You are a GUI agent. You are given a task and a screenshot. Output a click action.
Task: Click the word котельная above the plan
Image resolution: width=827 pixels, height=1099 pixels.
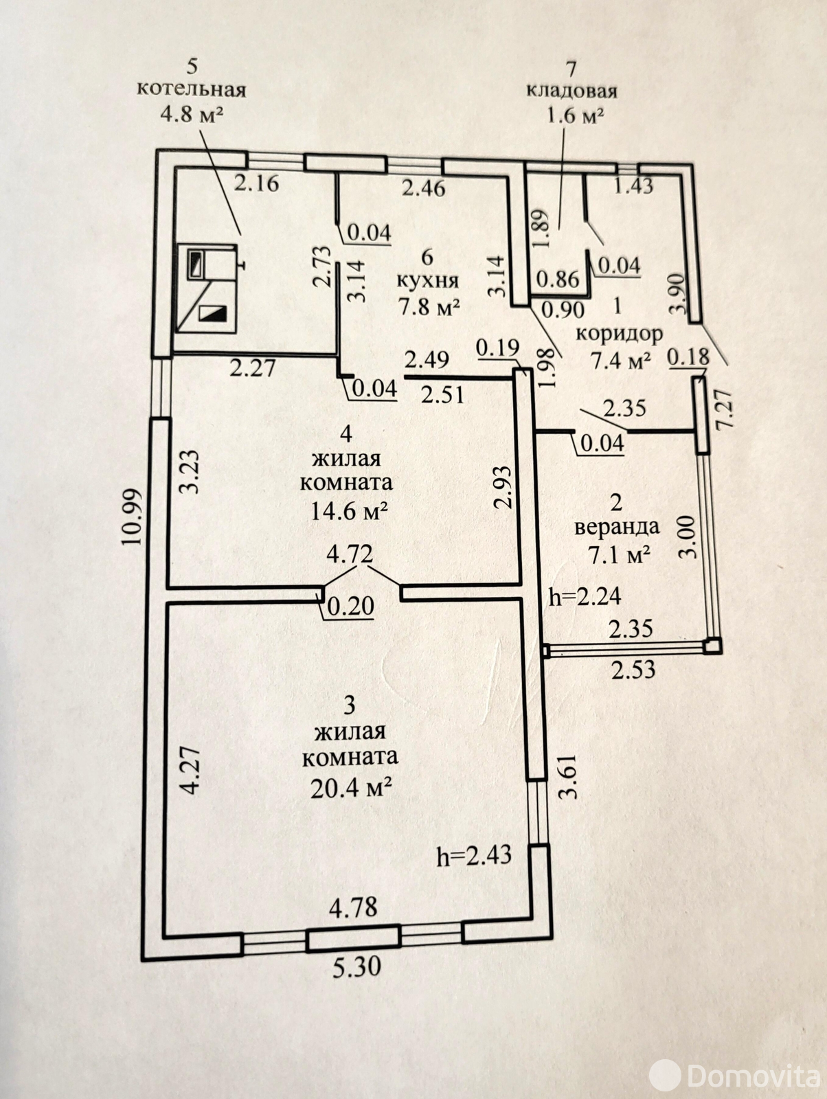click(192, 90)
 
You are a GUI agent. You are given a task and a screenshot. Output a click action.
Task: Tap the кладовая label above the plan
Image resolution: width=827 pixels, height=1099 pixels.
click(571, 91)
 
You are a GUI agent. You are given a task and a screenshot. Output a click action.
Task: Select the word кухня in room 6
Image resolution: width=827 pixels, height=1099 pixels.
click(427, 282)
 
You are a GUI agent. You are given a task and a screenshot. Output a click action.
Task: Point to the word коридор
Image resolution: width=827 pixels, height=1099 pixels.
click(619, 335)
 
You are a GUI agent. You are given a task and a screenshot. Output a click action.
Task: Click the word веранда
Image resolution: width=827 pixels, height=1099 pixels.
click(616, 528)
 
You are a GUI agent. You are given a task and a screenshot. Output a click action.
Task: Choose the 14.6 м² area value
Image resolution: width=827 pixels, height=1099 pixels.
click(349, 510)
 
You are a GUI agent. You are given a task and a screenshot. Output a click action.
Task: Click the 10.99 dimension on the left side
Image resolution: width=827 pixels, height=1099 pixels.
click(132, 516)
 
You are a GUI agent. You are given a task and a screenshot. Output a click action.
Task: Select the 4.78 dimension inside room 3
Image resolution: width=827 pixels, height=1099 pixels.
click(353, 907)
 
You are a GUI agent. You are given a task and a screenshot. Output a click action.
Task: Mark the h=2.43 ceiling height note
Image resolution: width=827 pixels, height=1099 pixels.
click(474, 856)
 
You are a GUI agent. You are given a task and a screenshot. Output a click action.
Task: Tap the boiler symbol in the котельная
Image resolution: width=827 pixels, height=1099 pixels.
click(207, 289)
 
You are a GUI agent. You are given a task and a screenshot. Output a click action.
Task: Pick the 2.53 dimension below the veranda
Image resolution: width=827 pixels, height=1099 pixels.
click(633, 670)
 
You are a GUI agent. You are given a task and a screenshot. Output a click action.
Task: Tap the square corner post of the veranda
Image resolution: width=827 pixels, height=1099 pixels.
click(712, 646)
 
